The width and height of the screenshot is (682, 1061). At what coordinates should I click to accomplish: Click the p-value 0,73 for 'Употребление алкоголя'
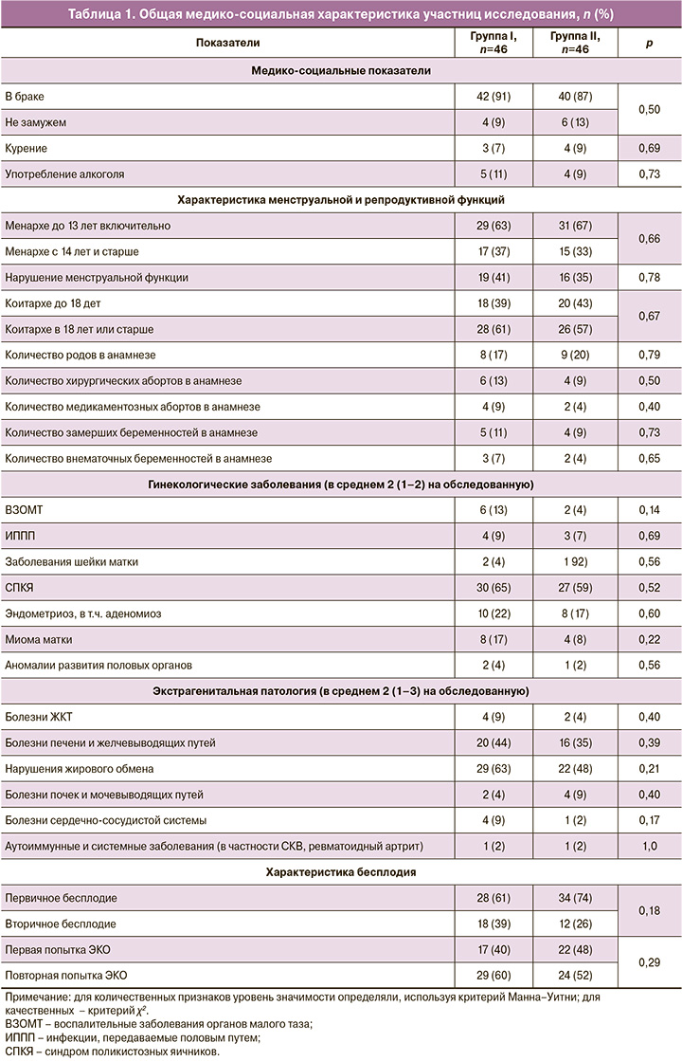point(648,174)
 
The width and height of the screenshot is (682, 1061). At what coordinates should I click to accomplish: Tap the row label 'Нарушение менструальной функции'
point(97,278)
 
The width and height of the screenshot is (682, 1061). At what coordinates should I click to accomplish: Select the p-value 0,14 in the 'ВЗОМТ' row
point(648,510)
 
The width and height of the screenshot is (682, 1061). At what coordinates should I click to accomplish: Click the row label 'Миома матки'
point(39,639)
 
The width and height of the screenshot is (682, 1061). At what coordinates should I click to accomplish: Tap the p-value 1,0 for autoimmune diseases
point(648,845)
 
